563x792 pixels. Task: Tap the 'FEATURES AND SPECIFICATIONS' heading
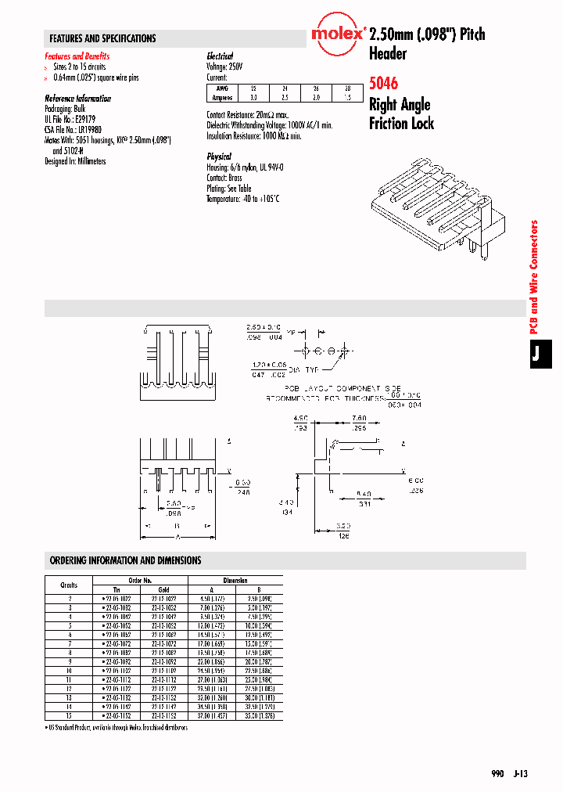point(102,38)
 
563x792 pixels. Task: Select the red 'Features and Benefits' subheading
point(77,56)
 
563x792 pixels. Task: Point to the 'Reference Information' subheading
point(78,99)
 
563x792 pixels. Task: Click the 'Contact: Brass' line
point(224,178)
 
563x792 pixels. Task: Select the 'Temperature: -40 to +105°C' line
point(242,199)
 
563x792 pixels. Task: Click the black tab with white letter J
point(536,355)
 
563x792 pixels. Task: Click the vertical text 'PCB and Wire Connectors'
point(535,277)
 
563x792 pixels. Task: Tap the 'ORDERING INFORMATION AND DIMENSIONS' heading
point(125,560)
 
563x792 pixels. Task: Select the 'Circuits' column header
point(69,585)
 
